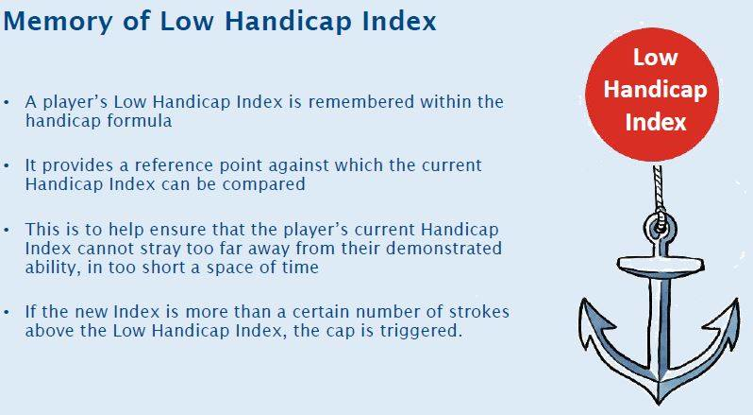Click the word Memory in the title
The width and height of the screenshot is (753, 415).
[58, 22]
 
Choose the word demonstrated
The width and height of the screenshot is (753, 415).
[443, 248]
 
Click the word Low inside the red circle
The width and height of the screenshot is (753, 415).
[655, 58]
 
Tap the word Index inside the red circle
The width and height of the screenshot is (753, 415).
[656, 122]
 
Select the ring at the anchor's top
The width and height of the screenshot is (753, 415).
[660, 227]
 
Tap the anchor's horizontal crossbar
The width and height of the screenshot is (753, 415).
[661, 265]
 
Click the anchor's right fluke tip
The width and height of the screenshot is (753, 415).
[737, 301]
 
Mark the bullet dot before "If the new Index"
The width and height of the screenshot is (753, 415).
[7, 313]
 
